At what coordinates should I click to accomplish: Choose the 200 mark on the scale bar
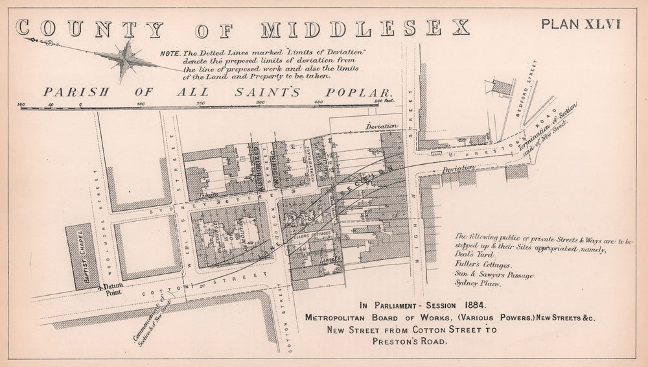click(x=201, y=102)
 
